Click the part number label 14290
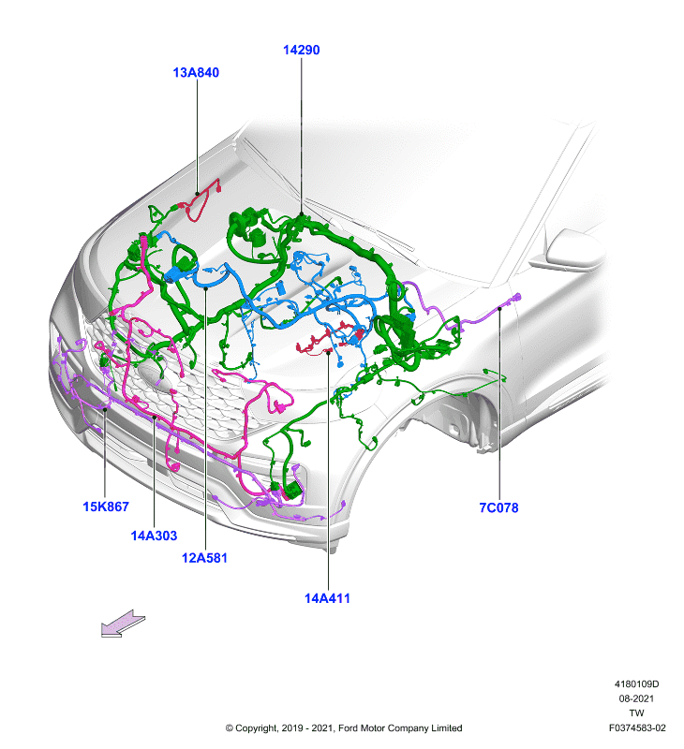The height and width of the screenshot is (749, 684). pyautogui.click(x=301, y=50)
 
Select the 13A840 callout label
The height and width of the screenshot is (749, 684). pyautogui.click(x=196, y=73)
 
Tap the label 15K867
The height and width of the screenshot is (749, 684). pyautogui.click(x=106, y=507)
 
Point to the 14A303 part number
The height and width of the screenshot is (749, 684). pyautogui.click(x=154, y=536)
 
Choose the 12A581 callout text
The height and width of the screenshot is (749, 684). pyautogui.click(x=204, y=557)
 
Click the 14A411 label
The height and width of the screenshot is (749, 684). pyautogui.click(x=327, y=598)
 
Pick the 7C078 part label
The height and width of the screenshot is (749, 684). pyautogui.click(x=498, y=507)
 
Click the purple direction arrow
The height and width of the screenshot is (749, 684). pyautogui.click(x=124, y=623)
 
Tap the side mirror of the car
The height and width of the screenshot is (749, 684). pyautogui.click(x=568, y=249)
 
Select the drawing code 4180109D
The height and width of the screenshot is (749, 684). pyautogui.click(x=636, y=684)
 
